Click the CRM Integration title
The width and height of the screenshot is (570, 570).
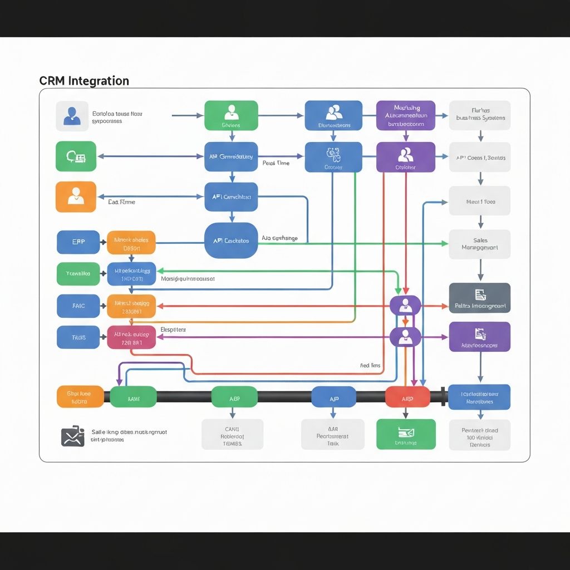pyautogui.click(x=84, y=81)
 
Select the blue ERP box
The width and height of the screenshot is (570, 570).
pyautogui.click(x=78, y=242)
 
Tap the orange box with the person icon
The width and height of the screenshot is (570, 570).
pyautogui.click(x=76, y=196)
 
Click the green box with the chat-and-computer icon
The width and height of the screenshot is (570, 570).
pyautogui.click(x=76, y=156)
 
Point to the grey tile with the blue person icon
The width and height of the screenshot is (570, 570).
pyautogui.click(x=72, y=116)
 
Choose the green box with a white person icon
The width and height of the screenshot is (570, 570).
pyautogui.click(x=231, y=116)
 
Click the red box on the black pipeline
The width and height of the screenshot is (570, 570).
pyautogui.click(x=407, y=397)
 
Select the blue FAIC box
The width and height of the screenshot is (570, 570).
pyautogui.click(x=78, y=306)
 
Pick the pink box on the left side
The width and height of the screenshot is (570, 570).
pyautogui.click(x=131, y=337)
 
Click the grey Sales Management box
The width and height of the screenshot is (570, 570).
pyautogui.click(x=479, y=244)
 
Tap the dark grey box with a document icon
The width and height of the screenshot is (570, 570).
pyautogui.click(x=479, y=298)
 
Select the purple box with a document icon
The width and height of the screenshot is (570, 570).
pyautogui.click(x=479, y=337)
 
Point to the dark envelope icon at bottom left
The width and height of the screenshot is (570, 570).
pyautogui.click(x=72, y=436)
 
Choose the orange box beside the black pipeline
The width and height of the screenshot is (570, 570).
pyautogui.click(x=80, y=396)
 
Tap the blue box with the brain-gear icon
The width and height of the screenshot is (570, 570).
pyautogui.click(x=333, y=156)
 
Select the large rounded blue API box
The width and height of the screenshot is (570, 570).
pyautogui.click(x=231, y=240)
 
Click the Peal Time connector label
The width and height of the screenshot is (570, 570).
pyautogui.click(x=276, y=163)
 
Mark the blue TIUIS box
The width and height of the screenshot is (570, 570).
pyautogui.click(x=78, y=337)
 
